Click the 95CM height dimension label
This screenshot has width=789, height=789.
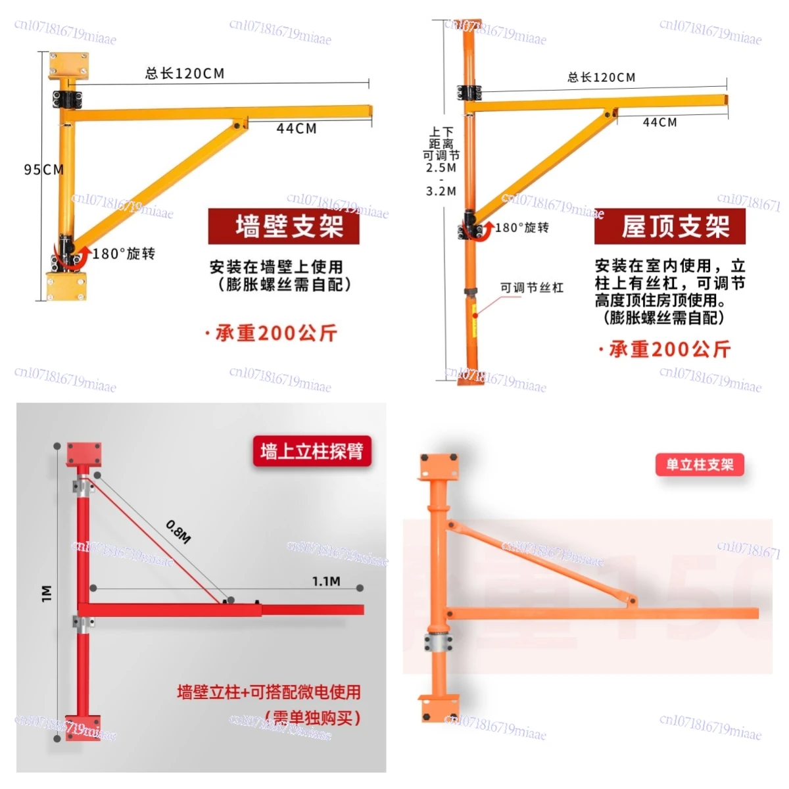coord(44,170)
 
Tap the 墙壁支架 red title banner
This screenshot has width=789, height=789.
coord(283,226)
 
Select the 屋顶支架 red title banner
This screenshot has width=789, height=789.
coord(669,227)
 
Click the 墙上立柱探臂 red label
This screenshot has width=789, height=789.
coord(312,452)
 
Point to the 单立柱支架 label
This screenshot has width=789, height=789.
coord(700,465)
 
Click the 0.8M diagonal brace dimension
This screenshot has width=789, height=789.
coord(178,531)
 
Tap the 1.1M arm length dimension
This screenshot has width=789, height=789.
coord(326,581)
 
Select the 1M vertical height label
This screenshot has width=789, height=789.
coord(47,593)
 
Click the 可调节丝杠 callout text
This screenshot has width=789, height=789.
coord(531,287)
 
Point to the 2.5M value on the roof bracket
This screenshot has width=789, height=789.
coord(441,168)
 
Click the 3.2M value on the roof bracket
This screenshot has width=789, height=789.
coord(441,191)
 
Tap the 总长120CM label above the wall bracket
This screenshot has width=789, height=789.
coord(185,73)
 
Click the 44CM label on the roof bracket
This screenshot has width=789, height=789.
coord(659,122)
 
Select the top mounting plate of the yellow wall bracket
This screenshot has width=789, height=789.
coord(68,65)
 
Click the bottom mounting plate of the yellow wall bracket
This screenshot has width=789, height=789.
coord(66,285)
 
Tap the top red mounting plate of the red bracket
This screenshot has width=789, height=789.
coord(84,454)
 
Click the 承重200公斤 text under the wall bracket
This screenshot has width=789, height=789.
coord(275,333)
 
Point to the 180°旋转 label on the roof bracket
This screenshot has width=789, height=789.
coord(521,227)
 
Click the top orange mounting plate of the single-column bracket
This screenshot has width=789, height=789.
coord(439,466)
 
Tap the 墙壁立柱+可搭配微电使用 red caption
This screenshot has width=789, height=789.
coord(269,692)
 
